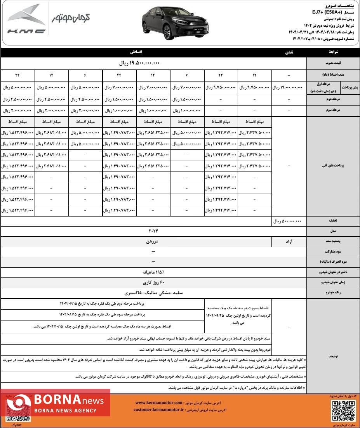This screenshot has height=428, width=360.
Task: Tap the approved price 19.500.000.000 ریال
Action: pos(139,63)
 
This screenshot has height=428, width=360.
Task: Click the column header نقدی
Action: pos(290,52)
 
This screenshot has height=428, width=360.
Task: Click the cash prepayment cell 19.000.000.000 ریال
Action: pos(289,88)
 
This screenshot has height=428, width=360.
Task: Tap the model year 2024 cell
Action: pos(153,231)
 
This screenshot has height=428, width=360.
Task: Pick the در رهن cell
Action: pos(153,242)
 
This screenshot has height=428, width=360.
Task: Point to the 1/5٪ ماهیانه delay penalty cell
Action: pos(153,272)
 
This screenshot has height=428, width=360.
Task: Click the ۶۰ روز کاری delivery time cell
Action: pos(153,282)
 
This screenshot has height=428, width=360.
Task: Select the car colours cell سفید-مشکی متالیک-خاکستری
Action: pos(153,293)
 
